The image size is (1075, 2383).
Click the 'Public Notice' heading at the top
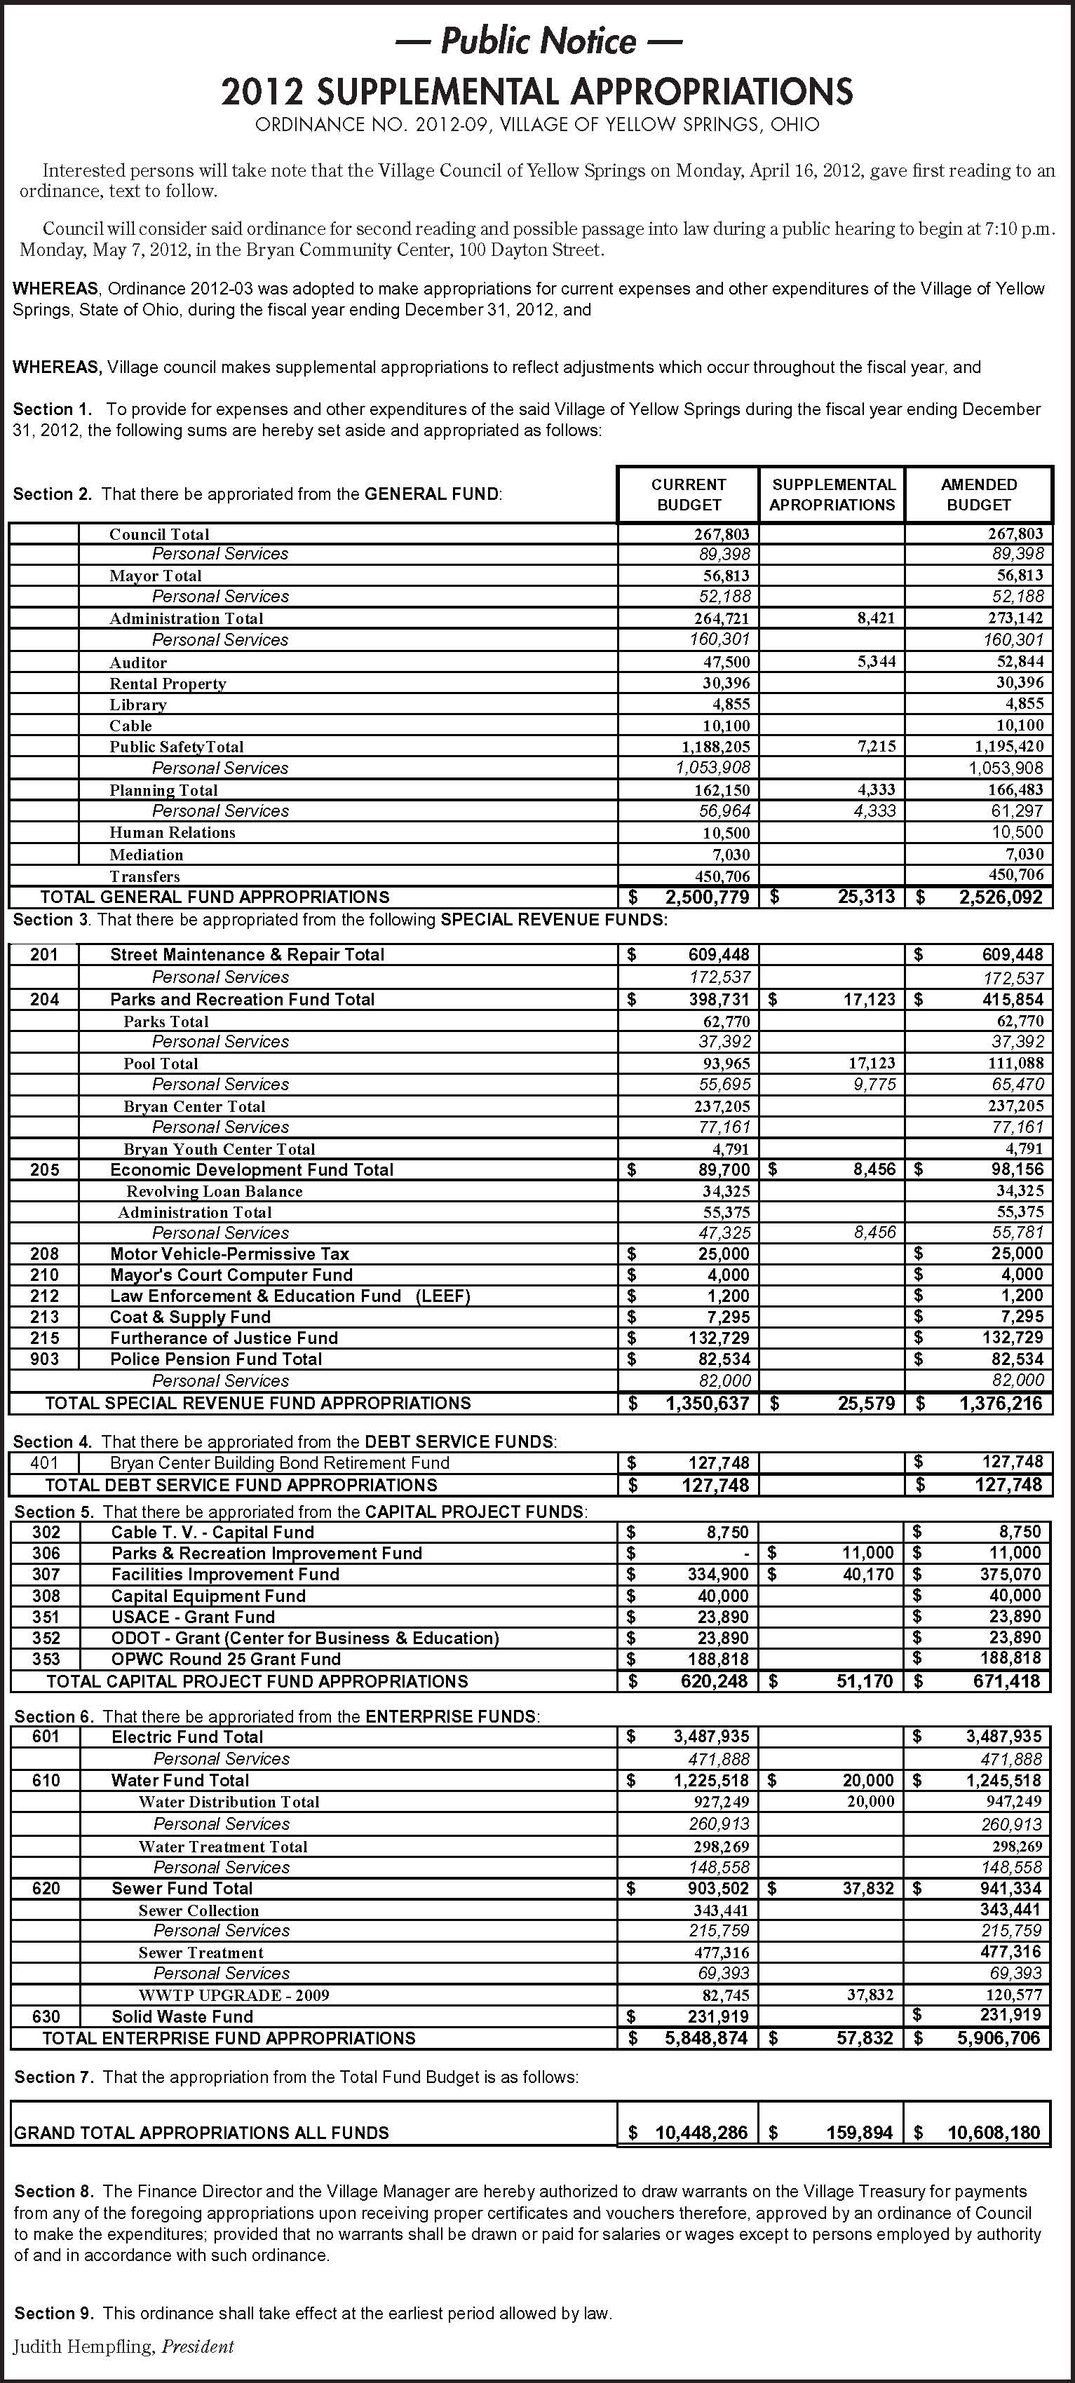pyautogui.click(x=537, y=41)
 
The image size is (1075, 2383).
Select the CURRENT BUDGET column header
pyautogui.click(x=689, y=495)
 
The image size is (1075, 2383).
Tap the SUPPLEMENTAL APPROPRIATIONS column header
pyautogui.click(x=832, y=495)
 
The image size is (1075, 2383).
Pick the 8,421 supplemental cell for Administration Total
pyautogui.click(x=875, y=618)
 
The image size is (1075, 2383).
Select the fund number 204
pyautogui.click(x=44, y=999)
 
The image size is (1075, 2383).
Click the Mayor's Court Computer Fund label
pyautogui.click(x=231, y=1275)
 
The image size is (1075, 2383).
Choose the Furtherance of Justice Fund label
pyautogui.click(x=224, y=1338)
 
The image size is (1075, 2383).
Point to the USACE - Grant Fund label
pyautogui.click(x=194, y=1617)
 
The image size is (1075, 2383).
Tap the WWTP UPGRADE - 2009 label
pyautogui.click(x=234, y=1995)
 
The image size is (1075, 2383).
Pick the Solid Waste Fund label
pyautogui.click(x=182, y=2016)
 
